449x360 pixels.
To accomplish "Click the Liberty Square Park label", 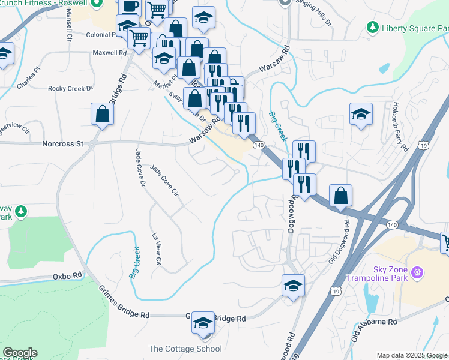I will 412,27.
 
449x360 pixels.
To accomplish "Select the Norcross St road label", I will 62,144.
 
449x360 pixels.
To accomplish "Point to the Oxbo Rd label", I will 67,275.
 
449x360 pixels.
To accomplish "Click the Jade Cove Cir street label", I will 164,181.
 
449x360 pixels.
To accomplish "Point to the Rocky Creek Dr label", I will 70,88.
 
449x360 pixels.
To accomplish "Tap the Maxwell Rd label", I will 109,53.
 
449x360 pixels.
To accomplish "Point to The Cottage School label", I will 185,349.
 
